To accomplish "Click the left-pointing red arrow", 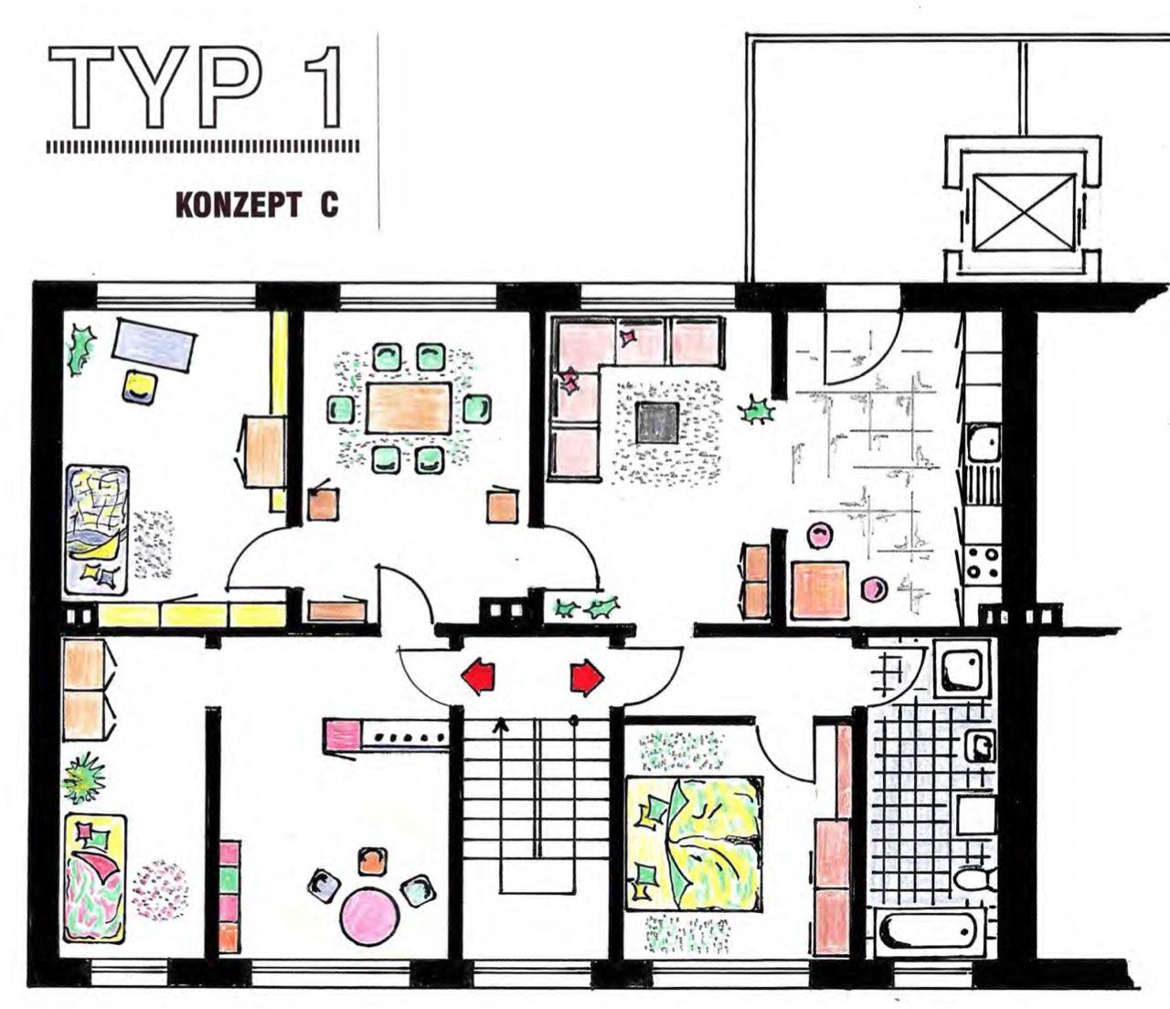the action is pyautogui.click(x=478, y=676).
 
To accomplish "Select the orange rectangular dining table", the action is pyautogui.click(x=409, y=408).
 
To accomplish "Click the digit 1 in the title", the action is pyautogui.click(x=324, y=87).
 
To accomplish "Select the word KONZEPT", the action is pyautogui.click(x=239, y=205).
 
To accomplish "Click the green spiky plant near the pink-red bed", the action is pyautogui.click(x=84, y=778).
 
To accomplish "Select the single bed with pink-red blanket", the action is pyautogui.click(x=94, y=879).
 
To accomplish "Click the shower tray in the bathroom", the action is pyautogui.click(x=962, y=669).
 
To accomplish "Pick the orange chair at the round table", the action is pyautogui.click(x=372, y=863).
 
